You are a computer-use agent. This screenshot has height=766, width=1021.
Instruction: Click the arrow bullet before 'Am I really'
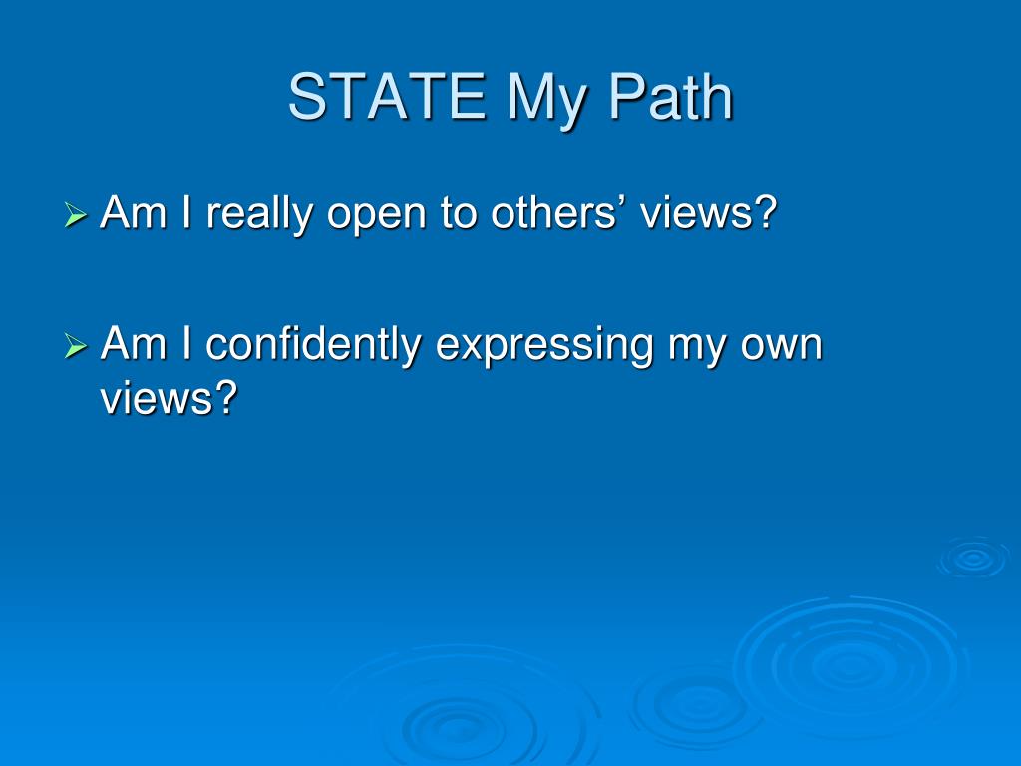76,214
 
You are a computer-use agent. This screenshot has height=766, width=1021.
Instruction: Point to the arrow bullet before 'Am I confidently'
76,346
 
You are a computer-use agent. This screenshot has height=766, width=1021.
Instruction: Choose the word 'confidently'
313,346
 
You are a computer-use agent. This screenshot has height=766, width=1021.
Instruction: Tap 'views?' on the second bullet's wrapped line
170,398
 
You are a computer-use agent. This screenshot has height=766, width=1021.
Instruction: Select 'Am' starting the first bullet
127,212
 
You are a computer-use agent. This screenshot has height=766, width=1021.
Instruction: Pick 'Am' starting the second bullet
127,344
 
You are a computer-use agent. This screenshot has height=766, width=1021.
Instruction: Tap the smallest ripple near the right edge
972,559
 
